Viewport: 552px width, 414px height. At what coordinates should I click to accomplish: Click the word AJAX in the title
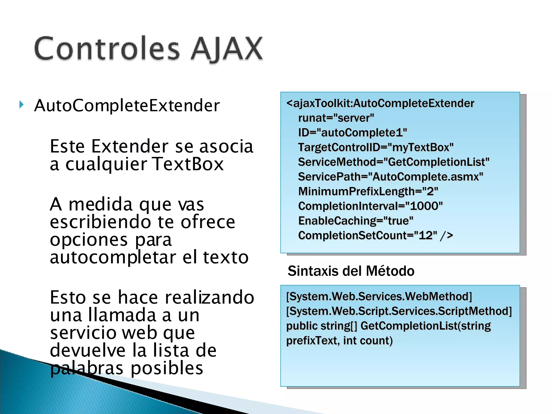pyautogui.click(x=226, y=49)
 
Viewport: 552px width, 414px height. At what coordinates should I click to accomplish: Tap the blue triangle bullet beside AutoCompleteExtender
pyautogui.click(x=22, y=105)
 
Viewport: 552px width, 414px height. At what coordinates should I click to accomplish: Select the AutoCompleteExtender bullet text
pyautogui.click(x=127, y=106)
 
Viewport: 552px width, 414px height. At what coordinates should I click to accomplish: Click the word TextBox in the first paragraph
pyautogui.click(x=188, y=164)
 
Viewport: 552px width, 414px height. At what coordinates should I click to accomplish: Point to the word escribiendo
pyautogui.click(x=100, y=222)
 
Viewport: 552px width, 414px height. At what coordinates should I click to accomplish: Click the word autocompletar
pyautogui.click(x=113, y=257)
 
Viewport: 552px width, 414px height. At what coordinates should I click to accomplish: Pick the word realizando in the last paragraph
pyautogui.click(x=209, y=298)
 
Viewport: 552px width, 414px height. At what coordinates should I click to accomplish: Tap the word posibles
pyautogui.click(x=167, y=368)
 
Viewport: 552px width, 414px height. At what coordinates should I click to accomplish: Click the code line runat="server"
pyautogui.click(x=336, y=118)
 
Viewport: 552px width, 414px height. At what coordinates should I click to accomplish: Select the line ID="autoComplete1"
pyautogui.click(x=352, y=133)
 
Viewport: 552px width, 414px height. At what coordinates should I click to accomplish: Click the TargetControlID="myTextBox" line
pyautogui.click(x=376, y=147)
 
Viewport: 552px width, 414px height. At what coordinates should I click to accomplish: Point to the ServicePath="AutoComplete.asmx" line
pyautogui.click(x=391, y=177)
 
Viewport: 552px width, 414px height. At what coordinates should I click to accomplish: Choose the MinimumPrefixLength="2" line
pyautogui.click(x=368, y=191)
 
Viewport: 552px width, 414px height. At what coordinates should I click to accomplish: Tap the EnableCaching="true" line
pyautogui.click(x=356, y=221)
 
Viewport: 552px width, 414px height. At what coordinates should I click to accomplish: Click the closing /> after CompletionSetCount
pyautogui.click(x=446, y=236)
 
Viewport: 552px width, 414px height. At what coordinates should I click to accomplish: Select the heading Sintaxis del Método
pyautogui.click(x=351, y=271)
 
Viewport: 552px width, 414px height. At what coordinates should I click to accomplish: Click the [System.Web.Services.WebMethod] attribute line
pyautogui.click(x=379, y=296)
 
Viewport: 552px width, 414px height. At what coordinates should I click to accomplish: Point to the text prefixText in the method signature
pyautogui.click(x=311, y=341)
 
